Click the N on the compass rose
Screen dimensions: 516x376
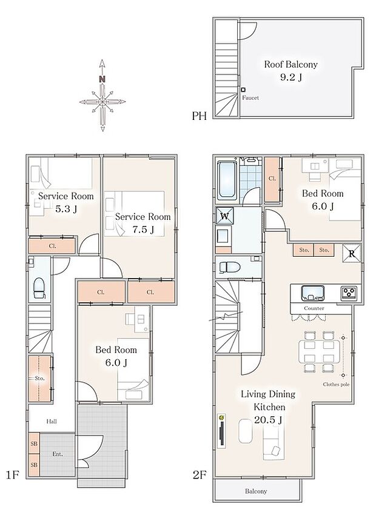click(102, 79)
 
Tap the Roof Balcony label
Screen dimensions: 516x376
click(290, 70)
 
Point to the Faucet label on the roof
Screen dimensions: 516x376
click(250, 98)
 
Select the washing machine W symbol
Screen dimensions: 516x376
click(224, 215)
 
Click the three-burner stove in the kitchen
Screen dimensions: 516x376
click(349, 293)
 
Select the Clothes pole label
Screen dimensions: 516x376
click(335, 384)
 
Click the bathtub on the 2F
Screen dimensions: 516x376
click(226, 180)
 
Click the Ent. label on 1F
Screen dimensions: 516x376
click(58, 454)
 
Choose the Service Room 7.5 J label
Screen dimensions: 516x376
click(143, 222)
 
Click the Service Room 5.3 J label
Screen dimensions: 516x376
click(66, 202)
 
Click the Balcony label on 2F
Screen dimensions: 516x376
click(257, 492)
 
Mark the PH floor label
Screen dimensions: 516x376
click(200, 116)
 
